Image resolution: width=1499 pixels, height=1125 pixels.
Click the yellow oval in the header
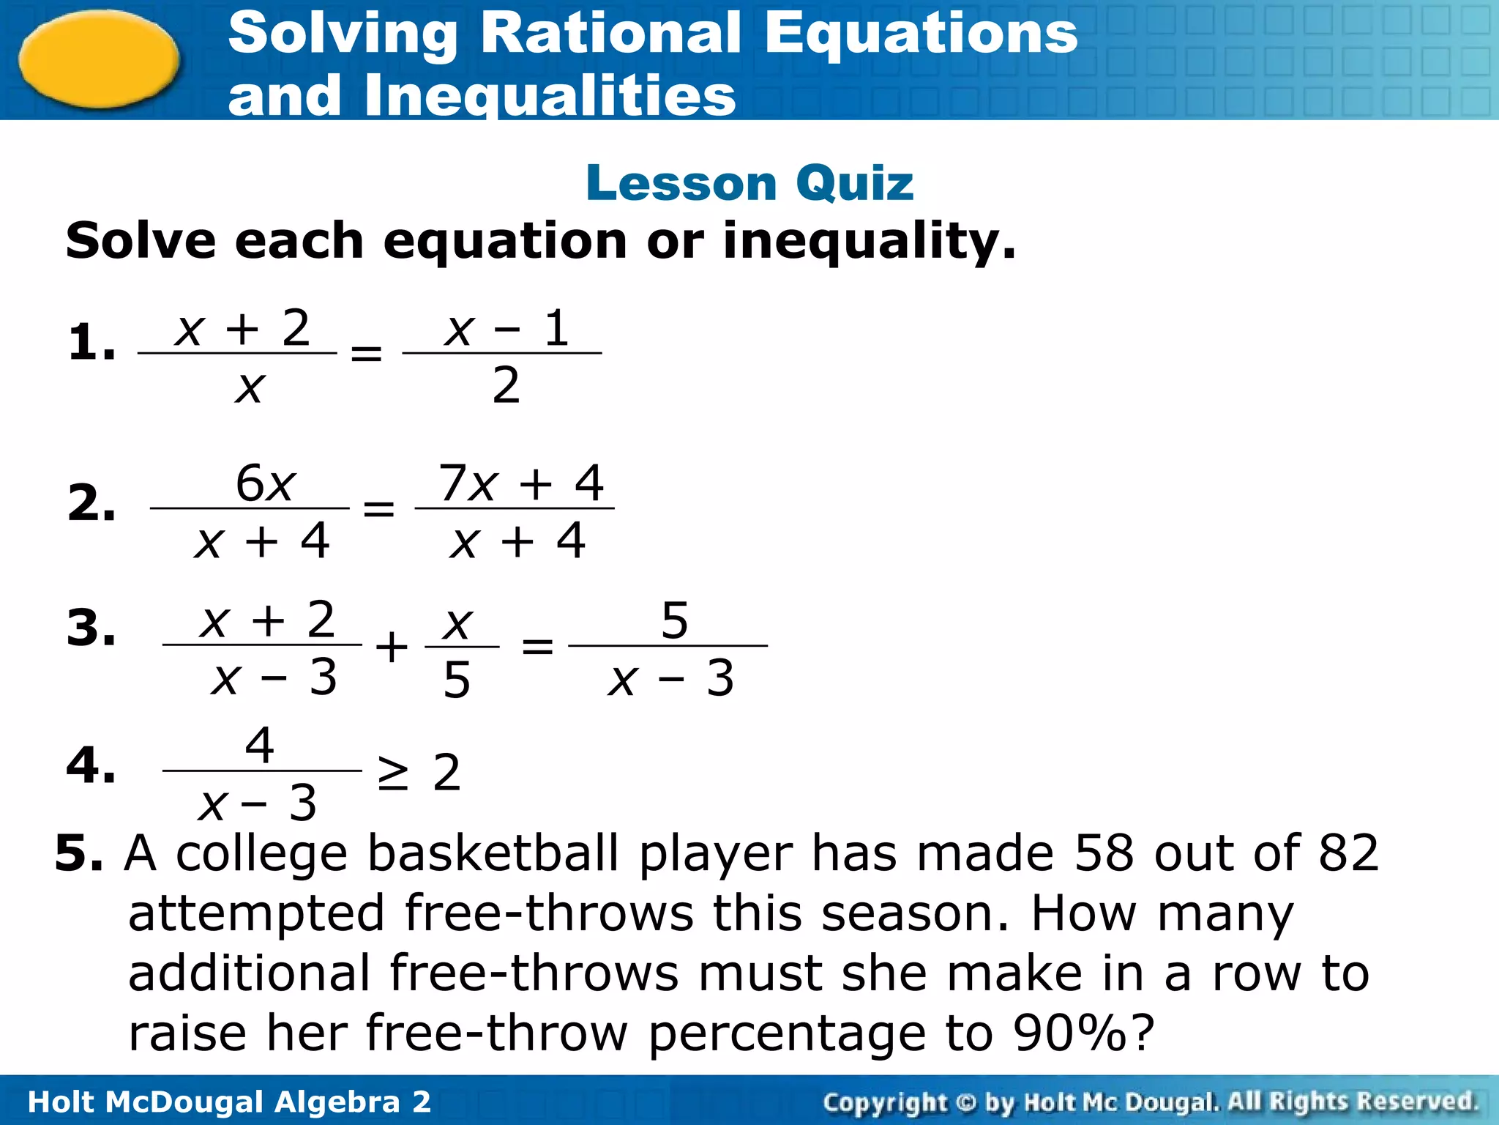[99, 59]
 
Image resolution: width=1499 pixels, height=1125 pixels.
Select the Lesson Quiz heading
[749, 182]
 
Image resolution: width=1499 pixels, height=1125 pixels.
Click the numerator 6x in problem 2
[265, 483]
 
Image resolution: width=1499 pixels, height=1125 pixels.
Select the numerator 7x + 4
[520, 483]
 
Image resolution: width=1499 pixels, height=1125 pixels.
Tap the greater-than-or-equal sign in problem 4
[393, 773]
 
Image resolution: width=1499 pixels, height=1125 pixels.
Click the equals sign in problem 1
[367, 354]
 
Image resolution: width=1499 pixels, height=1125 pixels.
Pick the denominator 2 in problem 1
[506, 385]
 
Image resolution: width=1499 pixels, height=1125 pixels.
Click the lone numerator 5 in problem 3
[674, 620]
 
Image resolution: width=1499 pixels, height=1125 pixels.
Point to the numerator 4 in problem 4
[260, 746]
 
